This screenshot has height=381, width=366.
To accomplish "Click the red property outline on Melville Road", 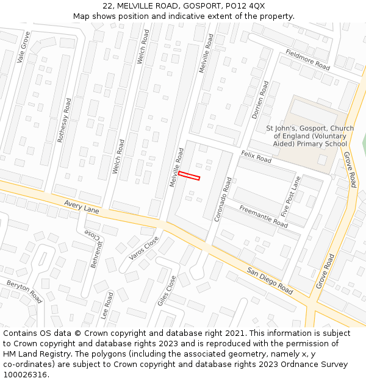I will pos(189,176).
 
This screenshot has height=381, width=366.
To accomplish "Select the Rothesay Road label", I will pos(64,120).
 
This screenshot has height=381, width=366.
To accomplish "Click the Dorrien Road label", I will pos(260,100).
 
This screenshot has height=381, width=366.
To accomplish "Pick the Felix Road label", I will pos(256,157).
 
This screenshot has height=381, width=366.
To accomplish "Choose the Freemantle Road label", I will pos(263,216).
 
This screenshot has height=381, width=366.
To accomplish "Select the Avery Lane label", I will pos(81,207).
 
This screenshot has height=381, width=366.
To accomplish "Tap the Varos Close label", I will pos(143,247).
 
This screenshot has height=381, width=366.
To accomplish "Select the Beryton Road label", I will pos(24,291).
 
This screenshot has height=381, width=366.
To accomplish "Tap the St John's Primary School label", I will pos(309,136).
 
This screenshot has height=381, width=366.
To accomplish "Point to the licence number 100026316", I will pos(26,374).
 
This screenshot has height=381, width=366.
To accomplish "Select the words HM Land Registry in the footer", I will pos(35,354).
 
